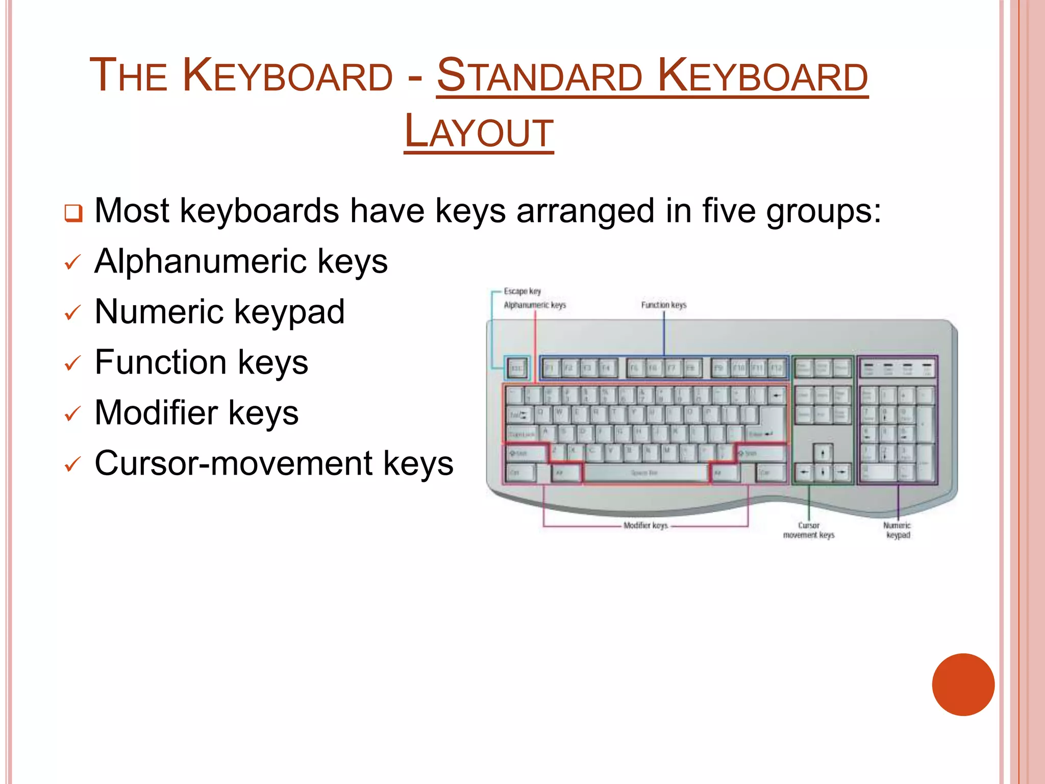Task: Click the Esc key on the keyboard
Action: click(x=517, y=367)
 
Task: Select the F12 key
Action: click(x=776, y=367)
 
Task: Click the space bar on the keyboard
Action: click(x=645, y=473)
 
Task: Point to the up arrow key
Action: click(x=823, y=453)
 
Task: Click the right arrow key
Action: click(x=841, y=473)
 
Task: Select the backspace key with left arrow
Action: click(x=776, y=395)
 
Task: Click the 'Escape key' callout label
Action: click(x=522, y=291)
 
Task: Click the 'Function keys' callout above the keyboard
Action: click(x=663, y=305)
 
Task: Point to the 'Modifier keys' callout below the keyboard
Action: click(x=645, y=525)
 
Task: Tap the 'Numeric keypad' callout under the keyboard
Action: click(x=898, y=530)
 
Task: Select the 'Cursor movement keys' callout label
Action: click(x=809, y=530)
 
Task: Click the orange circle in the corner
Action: click(x=963, y=684)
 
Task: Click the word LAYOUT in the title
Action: click(x=479, y=132)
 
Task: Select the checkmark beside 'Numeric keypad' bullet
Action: click(x=72, y=313)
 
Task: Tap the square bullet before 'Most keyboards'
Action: click(x=73, y=213)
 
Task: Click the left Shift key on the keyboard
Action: click(x=526, y=453)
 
